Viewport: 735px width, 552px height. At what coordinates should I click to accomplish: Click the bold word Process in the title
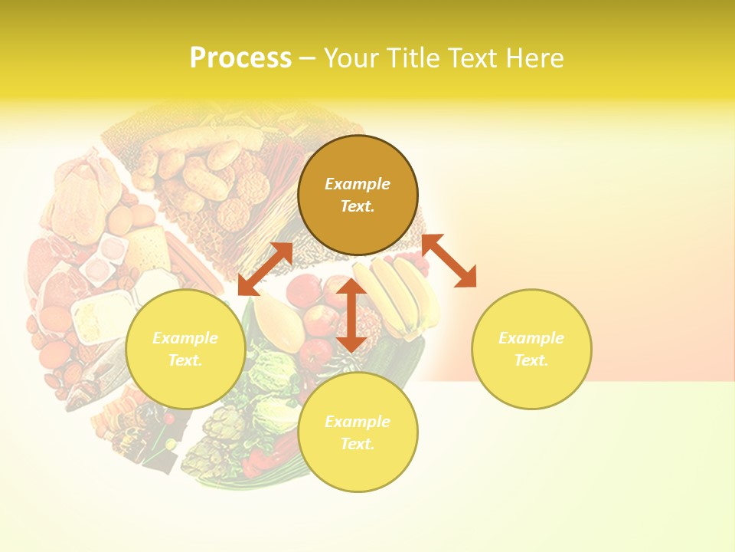click(240, 58)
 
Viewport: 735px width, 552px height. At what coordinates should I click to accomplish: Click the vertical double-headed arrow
click(351, 316)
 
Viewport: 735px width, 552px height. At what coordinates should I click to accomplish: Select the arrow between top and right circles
click(449, 261)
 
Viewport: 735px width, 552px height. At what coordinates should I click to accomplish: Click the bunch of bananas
click(398, 295)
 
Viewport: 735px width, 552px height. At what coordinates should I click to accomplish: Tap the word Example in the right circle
click(531, 338)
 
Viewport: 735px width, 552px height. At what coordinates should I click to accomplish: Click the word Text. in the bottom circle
click(358, 444)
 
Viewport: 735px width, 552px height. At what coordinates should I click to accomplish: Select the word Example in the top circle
click(358, 184)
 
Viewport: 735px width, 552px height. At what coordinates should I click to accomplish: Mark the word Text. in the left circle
click(185, 360)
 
